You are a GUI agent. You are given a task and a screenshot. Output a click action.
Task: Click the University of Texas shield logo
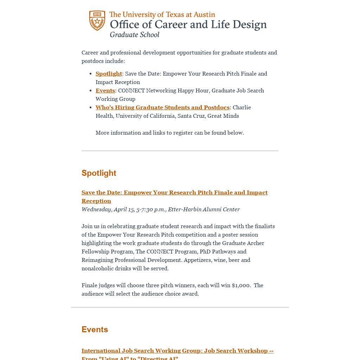[x=97, y=20]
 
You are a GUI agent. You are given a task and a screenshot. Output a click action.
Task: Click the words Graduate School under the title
[x=134, y=34]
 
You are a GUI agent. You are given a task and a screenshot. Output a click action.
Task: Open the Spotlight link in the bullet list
[x=109, y=73]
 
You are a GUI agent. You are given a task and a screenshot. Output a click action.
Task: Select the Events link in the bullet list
[x=105, y=90]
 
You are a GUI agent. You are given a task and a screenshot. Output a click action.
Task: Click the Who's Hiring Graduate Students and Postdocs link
[x=162, y=107]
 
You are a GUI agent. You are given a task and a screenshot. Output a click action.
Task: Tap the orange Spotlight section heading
[x=99, y=173]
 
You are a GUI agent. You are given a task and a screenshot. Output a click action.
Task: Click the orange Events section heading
[x=95, y=329]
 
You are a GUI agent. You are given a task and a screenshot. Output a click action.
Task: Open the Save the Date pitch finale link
[x=174, y=193]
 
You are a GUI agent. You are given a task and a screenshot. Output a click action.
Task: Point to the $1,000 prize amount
[x=241, y=285]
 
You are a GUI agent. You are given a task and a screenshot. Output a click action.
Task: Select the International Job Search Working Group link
[x=177, y=351]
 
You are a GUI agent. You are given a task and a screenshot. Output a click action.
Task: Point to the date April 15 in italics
[x=124, y=209]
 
